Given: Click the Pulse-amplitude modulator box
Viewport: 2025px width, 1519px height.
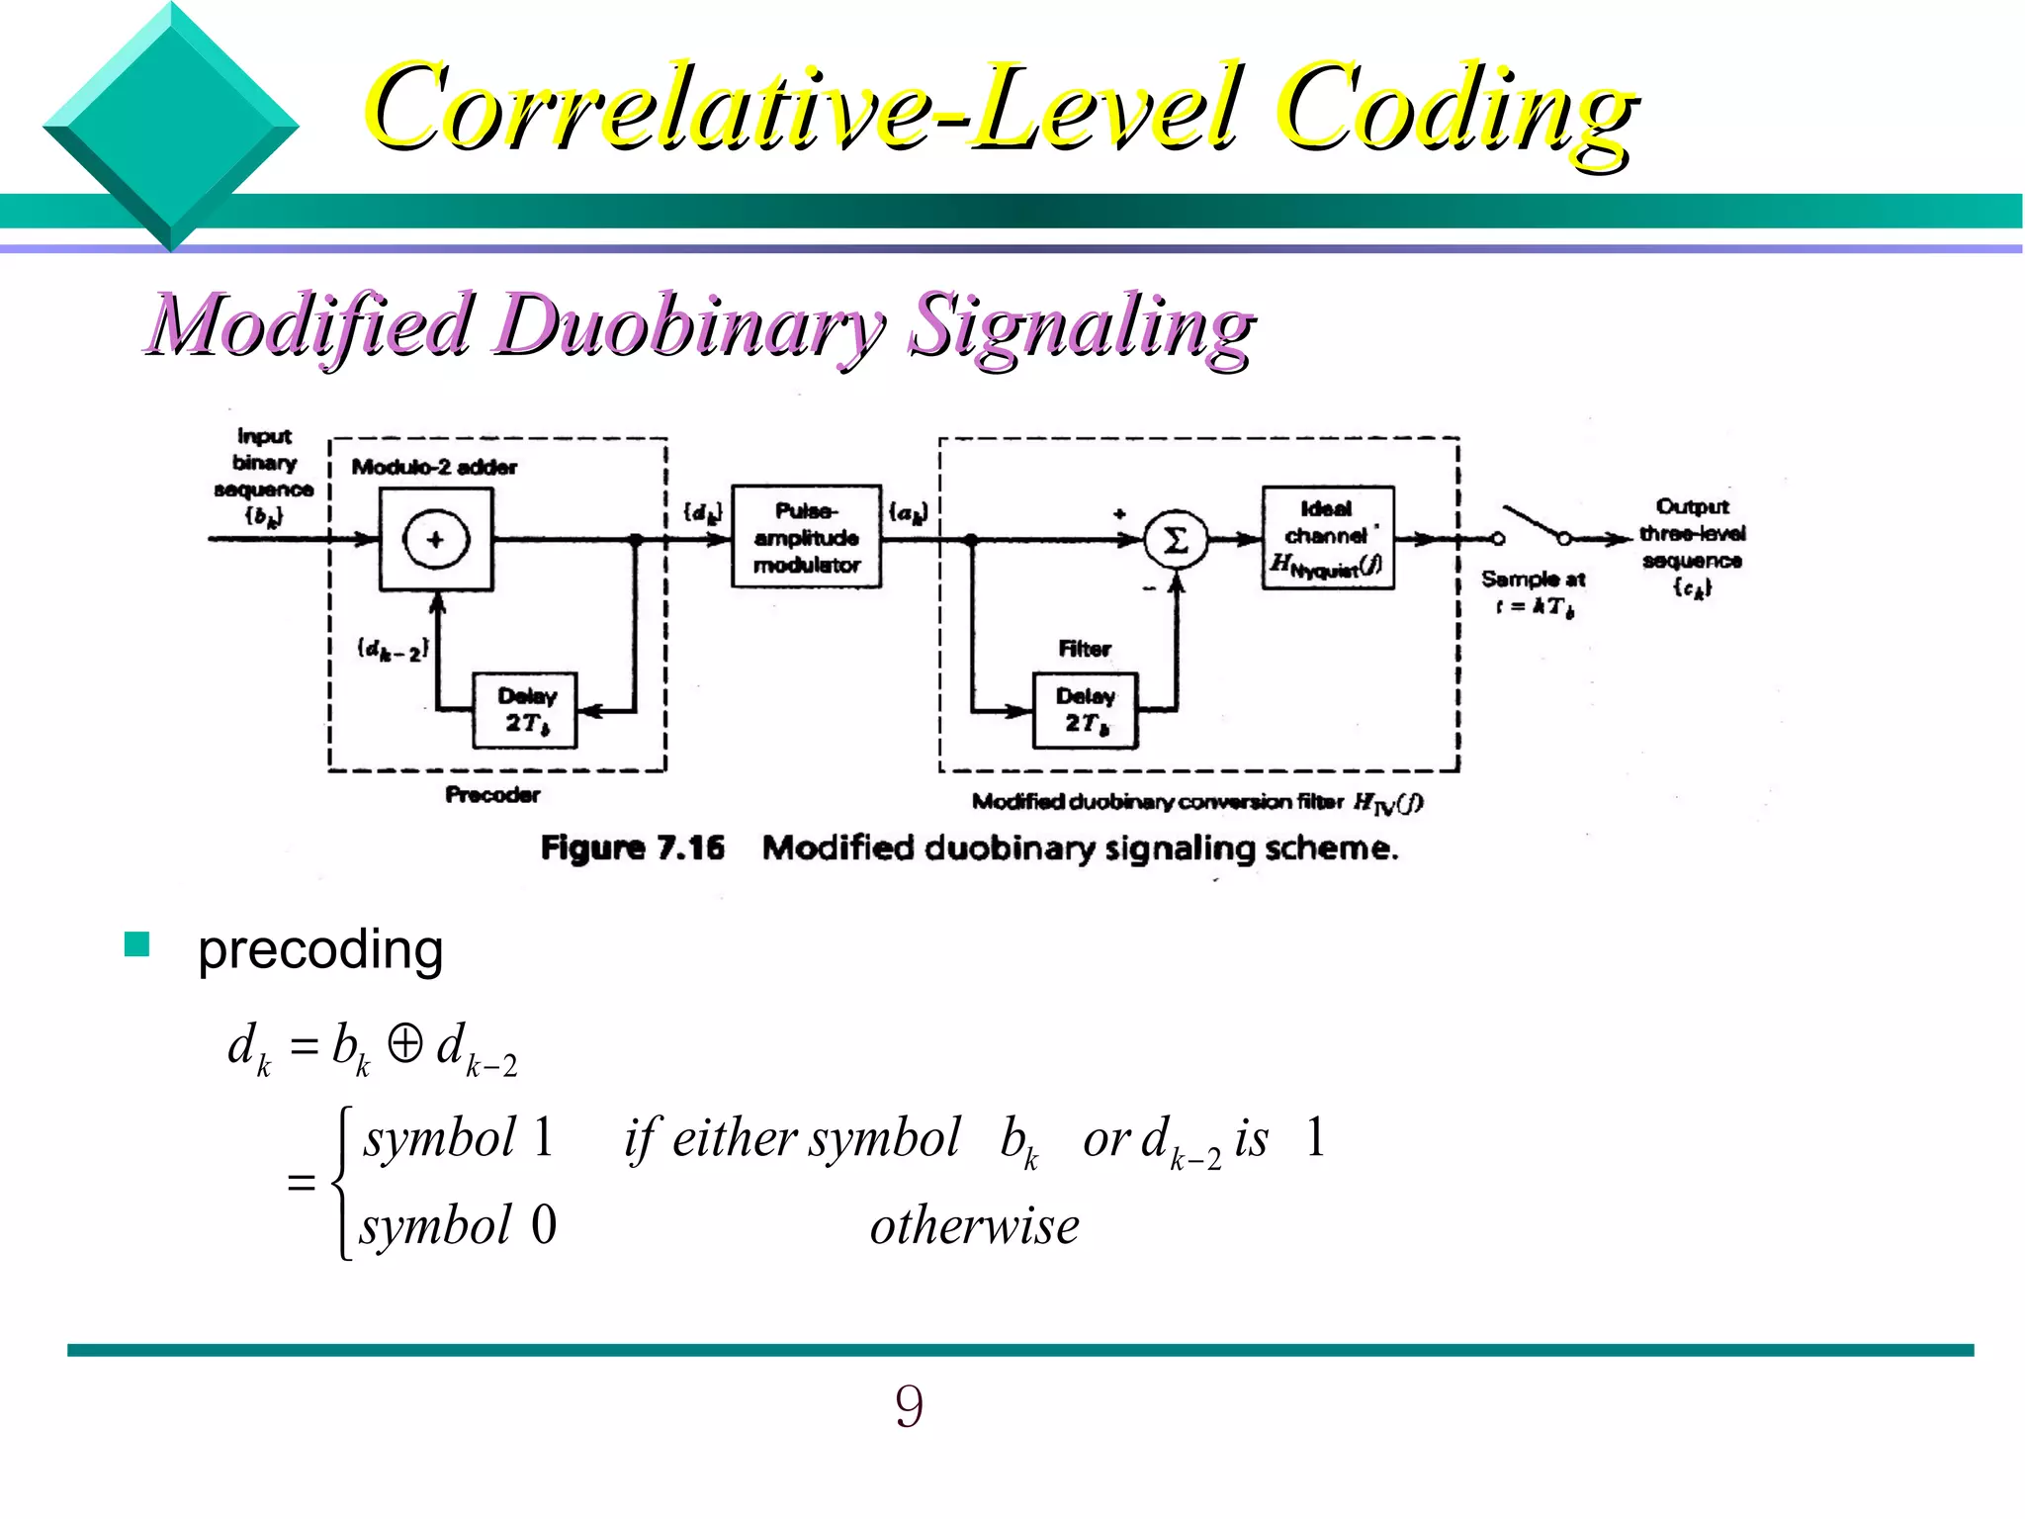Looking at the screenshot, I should tap(806, 537).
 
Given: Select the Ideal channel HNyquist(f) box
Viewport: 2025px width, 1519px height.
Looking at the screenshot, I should tap(1328, 537).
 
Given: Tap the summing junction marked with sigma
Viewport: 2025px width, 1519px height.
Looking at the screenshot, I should tap(1176, 540).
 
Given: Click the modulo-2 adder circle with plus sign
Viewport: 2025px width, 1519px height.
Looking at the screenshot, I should tap(435, 539).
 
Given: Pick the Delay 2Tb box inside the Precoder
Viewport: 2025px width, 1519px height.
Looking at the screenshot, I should tap(525, 710).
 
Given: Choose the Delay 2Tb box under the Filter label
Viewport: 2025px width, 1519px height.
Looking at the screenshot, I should tap(1085, 710).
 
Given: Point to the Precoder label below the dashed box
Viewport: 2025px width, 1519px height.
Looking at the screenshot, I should tap(492, 794).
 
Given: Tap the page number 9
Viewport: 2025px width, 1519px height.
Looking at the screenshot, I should tap(909, 1406).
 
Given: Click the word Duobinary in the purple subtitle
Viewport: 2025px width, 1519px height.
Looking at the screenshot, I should tap(692, 326).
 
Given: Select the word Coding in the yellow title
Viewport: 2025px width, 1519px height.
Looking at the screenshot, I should tap(1453, 109).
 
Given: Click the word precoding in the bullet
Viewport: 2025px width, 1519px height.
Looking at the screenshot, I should tap(320, 950).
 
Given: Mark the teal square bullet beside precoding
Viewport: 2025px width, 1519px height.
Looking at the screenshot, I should tap(136, 944).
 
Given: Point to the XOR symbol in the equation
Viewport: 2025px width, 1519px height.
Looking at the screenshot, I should tap(405, 1043).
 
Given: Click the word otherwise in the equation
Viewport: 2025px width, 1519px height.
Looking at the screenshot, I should tap(974, 1226).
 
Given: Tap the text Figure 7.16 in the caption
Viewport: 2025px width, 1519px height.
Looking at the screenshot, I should tap(632, 848).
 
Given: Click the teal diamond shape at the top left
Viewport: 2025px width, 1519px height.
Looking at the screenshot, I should tap(170, 127).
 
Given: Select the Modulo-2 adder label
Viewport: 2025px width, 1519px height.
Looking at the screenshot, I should tap(434, 467).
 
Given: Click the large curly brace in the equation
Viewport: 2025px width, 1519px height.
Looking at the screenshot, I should tap(342, 1183).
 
